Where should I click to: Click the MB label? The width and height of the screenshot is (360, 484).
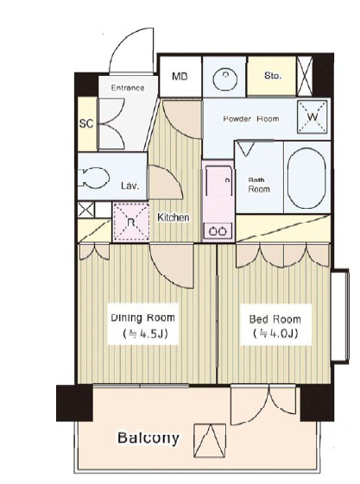coord(180,76)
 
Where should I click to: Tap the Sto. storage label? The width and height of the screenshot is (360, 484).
coord(273,76)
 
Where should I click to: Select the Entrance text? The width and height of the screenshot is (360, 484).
coord(128,88)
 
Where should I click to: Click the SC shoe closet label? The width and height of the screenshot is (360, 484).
coord(86,123)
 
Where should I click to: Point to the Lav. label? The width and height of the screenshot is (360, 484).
coord(130,185)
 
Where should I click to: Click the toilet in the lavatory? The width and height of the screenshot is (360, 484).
coord(93,178)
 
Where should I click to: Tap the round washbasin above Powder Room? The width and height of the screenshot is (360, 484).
coord(225,79)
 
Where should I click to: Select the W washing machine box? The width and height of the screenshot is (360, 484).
coord(313,117)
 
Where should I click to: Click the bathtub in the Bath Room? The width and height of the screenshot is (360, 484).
coord(306,178)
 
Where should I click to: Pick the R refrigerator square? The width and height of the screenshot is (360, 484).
coord(131,222)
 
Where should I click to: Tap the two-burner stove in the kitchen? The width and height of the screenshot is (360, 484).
coord(218,230)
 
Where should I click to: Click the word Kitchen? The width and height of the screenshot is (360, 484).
coord(174,217)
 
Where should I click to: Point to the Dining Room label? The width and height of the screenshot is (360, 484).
coord(142,317)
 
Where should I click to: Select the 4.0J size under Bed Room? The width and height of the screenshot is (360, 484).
coord(275,334)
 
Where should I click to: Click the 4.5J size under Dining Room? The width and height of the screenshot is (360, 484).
coord(145,333)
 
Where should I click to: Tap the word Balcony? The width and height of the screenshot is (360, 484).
coord(148,437)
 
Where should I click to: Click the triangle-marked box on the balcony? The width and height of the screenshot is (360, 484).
coord(210,441)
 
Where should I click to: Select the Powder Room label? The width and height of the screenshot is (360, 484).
coord(251,119)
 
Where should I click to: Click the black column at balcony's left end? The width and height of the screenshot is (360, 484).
coord(74,403)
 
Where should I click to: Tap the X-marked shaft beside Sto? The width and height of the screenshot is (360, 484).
coord(305,76)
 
